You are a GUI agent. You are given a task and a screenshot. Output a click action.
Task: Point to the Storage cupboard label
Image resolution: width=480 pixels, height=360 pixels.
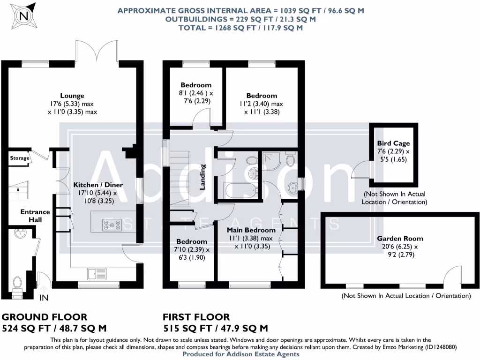click(x=20, y=158)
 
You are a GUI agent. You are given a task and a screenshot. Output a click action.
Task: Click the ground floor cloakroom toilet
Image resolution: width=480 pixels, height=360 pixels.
click(x=18, y=284)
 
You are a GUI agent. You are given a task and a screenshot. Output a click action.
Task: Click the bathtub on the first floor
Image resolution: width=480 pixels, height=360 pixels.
click(x=240, y=190)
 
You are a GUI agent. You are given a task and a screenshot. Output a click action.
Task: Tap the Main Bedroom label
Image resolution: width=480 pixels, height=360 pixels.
click(x=251, y=230)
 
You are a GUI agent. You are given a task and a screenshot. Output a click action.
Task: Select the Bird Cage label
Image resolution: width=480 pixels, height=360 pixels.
click(x=393, y=143)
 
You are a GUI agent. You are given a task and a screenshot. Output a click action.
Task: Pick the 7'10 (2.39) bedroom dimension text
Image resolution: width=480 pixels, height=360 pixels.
click(x=190, y=250)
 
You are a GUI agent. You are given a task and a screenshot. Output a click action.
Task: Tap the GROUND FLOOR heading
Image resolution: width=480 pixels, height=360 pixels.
click(x=45, y=317)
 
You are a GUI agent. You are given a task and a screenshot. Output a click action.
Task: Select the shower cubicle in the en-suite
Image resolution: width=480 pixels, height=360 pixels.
click(x=272, y=160)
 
